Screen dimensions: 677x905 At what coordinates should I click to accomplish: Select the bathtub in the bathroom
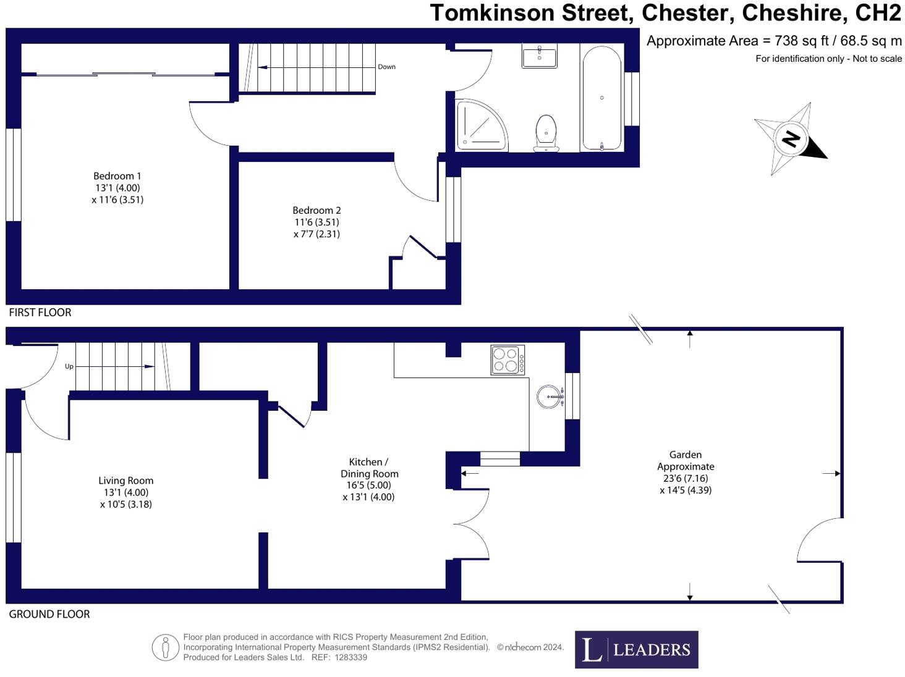[x=601, y=98]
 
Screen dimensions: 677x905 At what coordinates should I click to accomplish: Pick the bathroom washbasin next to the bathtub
[x=539, y=55]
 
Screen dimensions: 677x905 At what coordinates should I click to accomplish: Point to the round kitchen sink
[x=550, y=397]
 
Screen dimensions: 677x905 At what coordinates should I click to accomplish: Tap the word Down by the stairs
[x=386, y=67]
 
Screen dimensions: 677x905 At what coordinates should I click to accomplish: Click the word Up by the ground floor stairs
[x=69, y=366]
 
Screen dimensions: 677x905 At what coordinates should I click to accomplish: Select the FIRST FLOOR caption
[x=40, y=313]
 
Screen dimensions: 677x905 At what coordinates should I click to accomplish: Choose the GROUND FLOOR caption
[x=49, y=614]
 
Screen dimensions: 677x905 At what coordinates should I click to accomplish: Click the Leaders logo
[x=636, y=649]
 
